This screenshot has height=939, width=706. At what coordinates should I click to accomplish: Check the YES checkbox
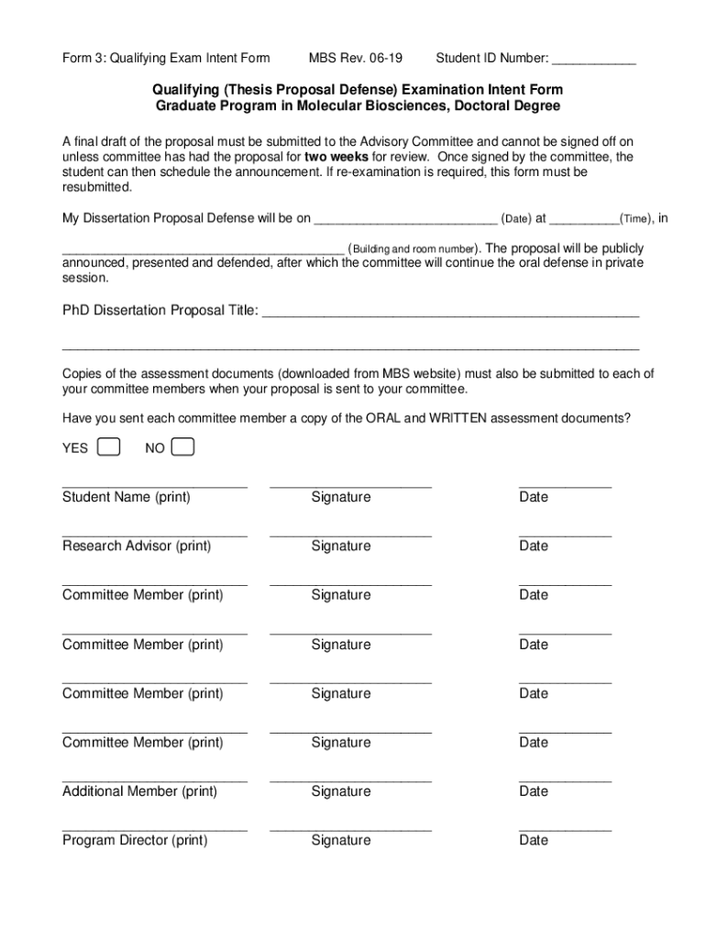(108, 447)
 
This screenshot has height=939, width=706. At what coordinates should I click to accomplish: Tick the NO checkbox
(183, 447)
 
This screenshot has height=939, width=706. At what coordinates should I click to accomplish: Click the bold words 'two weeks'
(336, 157)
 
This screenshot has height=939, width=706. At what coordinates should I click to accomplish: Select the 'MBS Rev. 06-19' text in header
(355, 59)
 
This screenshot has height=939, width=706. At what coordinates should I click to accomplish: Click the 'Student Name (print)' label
(127, 497)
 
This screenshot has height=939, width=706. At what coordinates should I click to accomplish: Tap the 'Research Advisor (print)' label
(137, 546)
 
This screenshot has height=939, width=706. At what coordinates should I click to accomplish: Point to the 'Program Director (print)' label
(135, 840)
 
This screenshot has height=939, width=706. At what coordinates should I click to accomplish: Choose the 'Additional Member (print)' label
(139, 790)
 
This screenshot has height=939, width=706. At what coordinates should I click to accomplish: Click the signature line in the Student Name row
(350, 484)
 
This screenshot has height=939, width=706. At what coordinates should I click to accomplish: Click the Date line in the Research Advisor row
(565, 534)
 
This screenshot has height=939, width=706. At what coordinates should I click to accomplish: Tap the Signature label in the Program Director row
(341, 840)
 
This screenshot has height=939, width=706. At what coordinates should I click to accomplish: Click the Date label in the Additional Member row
(533, 790)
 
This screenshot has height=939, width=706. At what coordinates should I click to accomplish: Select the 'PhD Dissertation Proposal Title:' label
(160, 310)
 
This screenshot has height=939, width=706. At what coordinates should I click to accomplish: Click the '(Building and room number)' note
(413, 249)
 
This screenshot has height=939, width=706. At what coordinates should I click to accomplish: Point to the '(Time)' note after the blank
(635, 219)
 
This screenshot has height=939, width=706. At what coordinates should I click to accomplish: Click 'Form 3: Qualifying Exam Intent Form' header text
(166, 59)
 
